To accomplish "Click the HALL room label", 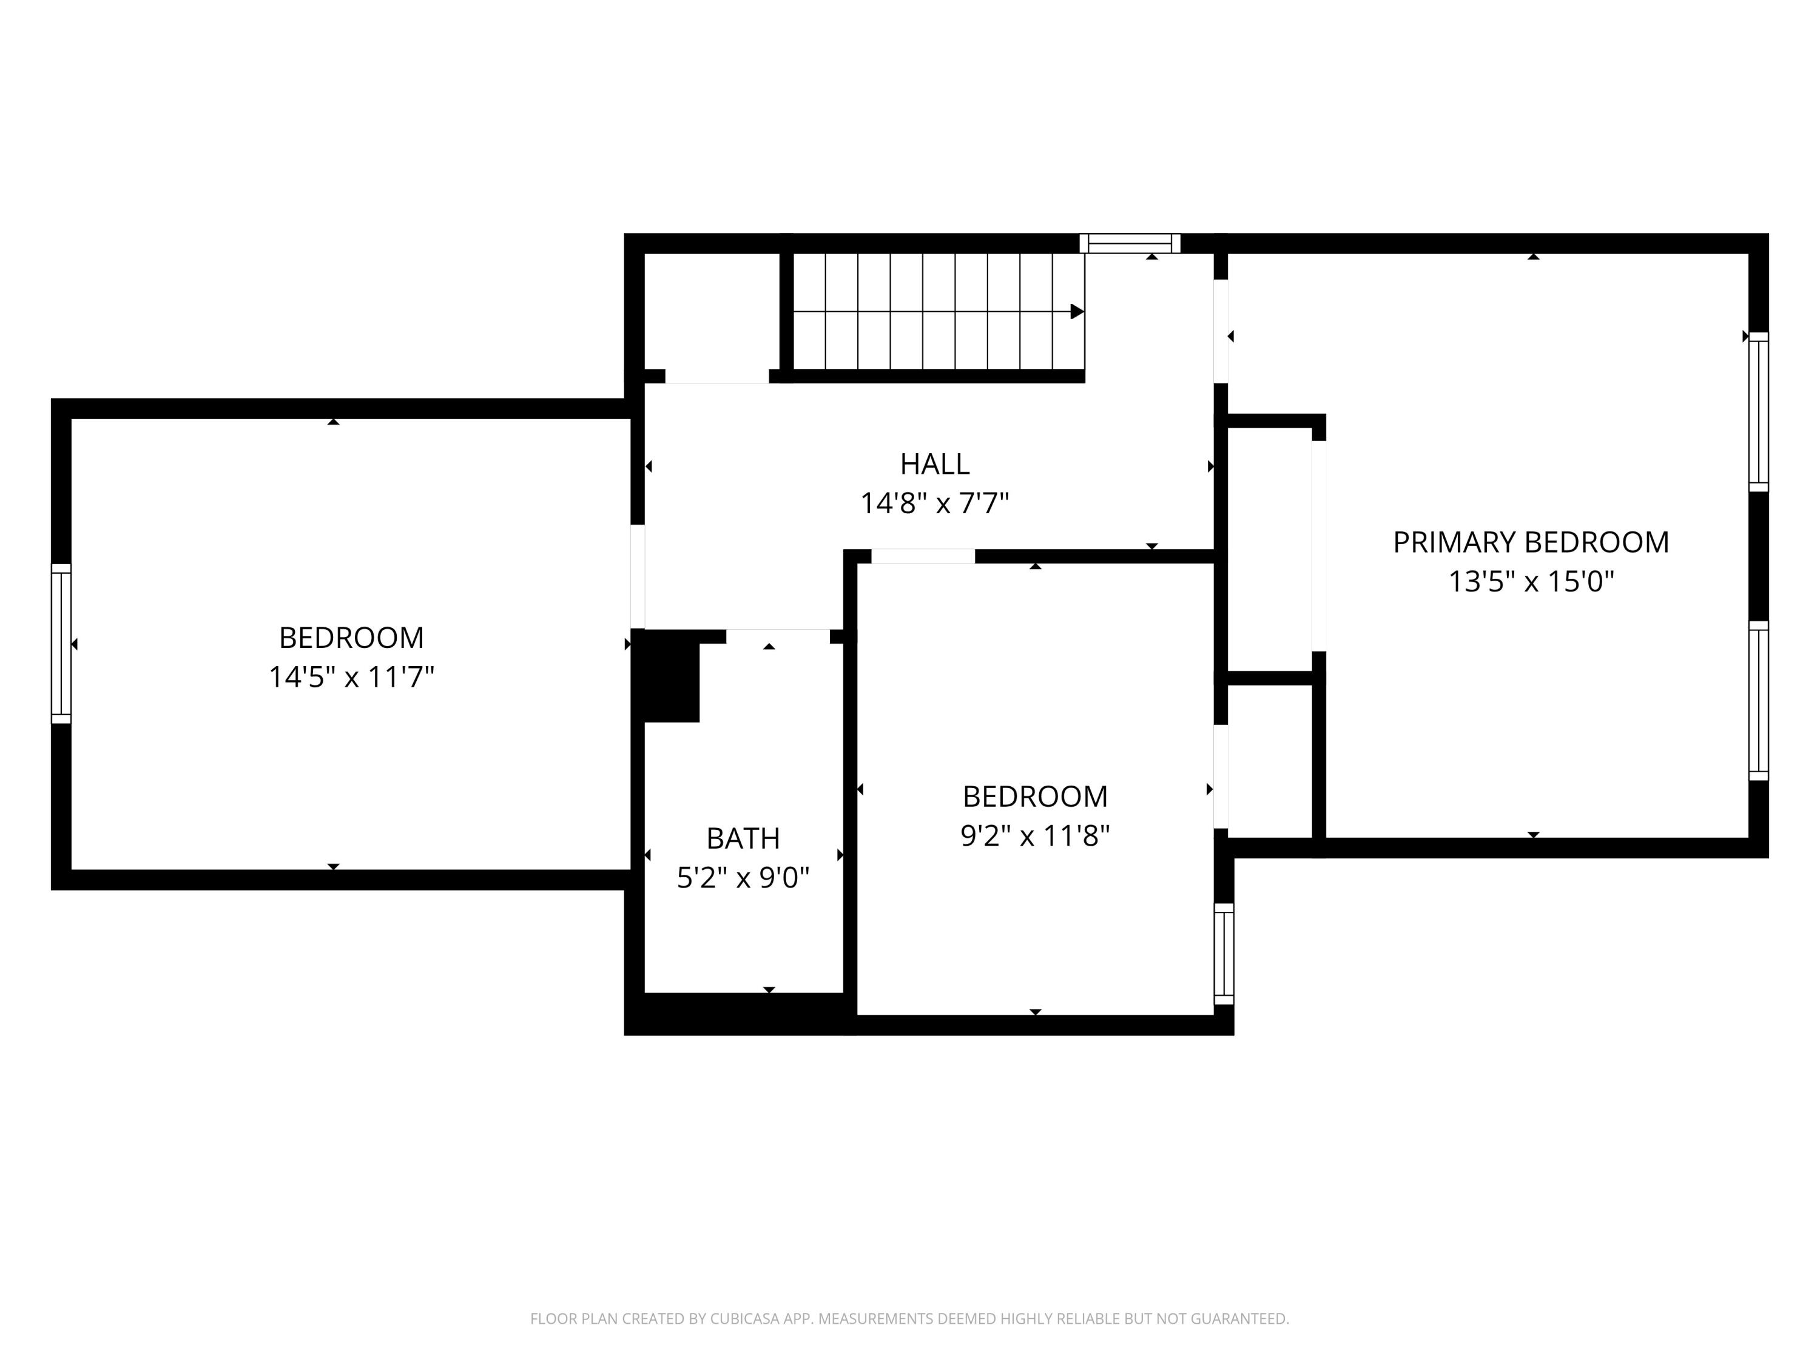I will click(935, 464).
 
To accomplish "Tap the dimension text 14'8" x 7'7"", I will click(935, 503).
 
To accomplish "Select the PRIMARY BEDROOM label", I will click(1531, 542).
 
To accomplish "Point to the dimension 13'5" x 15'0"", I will click(1531, 582).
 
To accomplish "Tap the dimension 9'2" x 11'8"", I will click(1034, 836).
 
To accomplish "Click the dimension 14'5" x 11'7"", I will click(351, 677).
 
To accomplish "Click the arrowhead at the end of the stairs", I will click(1076, 312).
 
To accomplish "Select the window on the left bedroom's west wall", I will click(61, 644).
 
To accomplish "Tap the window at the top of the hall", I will click(1130, 243).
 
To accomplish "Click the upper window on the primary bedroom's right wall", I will click(1758, 411).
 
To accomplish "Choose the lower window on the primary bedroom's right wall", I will click(1758, 700).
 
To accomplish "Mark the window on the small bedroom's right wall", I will click(1224, 954).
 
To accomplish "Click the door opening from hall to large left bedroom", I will click(638, 576).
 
